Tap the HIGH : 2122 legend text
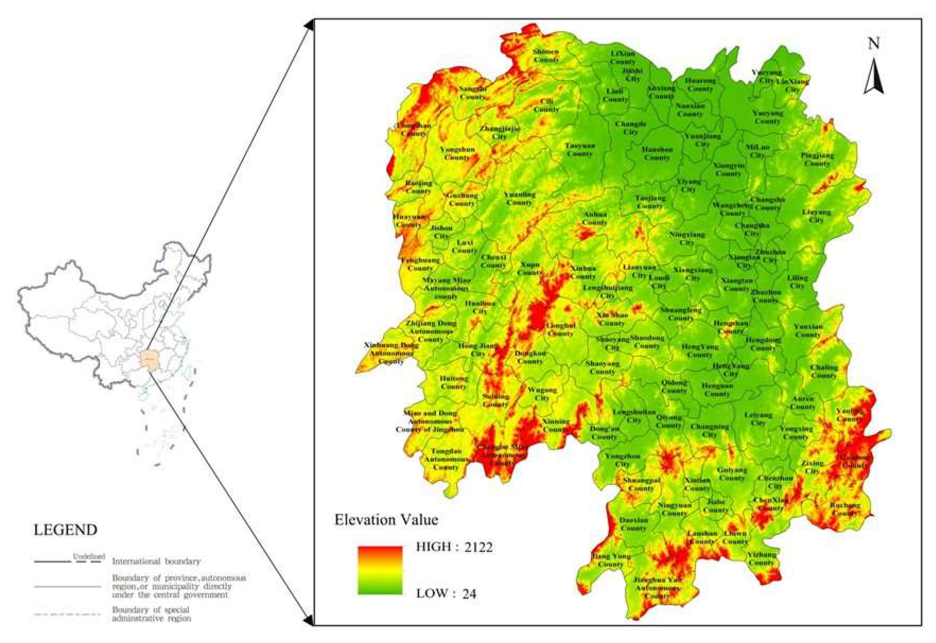click(x=454, y=547)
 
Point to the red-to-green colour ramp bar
click(x=380, y=570)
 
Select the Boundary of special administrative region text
click(x=151, y=614)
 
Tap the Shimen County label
click(x=546, y=55)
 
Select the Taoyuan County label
click(x=580, y=149)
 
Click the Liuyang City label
click(x=817, y=216)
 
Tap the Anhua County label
click(x=595, y=218)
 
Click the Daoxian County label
click(x=634, y=524)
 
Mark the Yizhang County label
click(x=761, y=558)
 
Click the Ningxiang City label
click(x=687, y=238)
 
